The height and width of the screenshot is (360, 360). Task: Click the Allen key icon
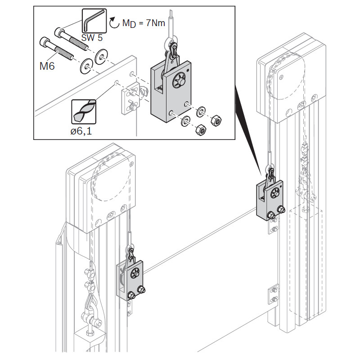point(94,21)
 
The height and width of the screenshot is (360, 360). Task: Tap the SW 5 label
point(92,38)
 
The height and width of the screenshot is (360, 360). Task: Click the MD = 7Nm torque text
point(144,23)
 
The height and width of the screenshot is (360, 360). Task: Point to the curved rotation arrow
point(114,22)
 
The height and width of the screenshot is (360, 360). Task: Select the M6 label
point(47,66)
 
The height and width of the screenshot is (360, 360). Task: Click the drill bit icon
point(84,112)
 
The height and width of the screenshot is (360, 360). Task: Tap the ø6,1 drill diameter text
point(81,131)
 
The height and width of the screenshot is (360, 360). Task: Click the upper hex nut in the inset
point(216,120)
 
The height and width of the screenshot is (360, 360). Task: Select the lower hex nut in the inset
point(201,130)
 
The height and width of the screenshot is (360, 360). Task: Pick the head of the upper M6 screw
point(58,32)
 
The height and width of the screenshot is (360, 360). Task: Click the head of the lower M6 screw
point(44,42)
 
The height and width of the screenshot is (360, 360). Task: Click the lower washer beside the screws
point(86,66)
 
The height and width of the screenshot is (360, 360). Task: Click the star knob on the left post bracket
point(135,273)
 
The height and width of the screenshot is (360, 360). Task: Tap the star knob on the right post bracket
point(275,193)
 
